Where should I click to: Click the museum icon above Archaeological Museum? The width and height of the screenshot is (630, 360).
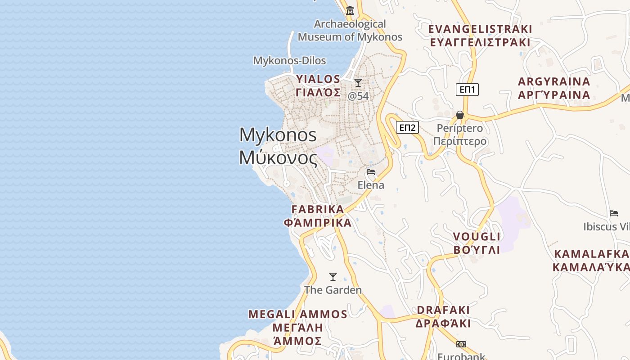[x=350, y=10]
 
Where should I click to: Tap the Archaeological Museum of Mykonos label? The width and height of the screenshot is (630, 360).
[x=350, y=31]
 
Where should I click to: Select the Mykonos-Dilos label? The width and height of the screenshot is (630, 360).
[x=289, y=60]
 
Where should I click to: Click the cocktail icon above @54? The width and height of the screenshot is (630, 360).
[x=358, y=83]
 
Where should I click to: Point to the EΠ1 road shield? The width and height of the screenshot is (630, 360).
[x=467, y=90]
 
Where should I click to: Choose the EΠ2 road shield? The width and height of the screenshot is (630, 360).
[x=407, y=127]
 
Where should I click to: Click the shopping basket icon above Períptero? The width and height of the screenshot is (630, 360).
[x=460, y=115]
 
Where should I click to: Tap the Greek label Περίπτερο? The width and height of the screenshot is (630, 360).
[x=460, y=141]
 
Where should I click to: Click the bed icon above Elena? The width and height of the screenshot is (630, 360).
[x=371, y=172]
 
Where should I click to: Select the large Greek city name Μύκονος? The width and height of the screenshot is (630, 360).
[x=278, y=158]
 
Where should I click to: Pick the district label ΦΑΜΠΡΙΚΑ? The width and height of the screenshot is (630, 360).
[x=318, y=223]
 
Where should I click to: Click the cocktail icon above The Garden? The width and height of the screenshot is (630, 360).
[x=333, y=277]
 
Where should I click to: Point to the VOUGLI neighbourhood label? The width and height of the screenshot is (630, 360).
[x=477, y=237]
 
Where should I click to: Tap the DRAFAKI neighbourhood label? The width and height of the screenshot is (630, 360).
[x=443, y=310]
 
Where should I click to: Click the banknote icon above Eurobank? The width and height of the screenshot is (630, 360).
[x=461, y=344]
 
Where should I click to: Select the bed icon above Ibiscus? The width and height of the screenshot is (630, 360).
[x=614, y=213]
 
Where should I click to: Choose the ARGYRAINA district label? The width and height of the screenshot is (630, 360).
[x=554, y=82]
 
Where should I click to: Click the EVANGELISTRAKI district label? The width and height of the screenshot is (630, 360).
[x=480, y=29]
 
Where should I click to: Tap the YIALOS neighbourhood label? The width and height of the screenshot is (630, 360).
[x=318, y=79]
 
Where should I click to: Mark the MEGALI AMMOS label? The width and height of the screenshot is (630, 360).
[x=298, y=314]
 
